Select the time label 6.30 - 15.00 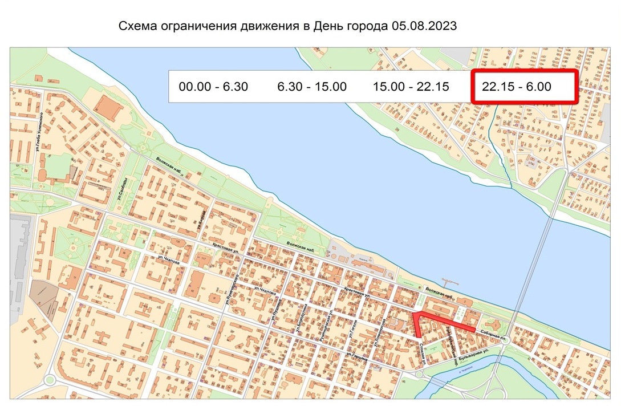click(x=312, y=87)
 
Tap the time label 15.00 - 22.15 click(x=411, y=87)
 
